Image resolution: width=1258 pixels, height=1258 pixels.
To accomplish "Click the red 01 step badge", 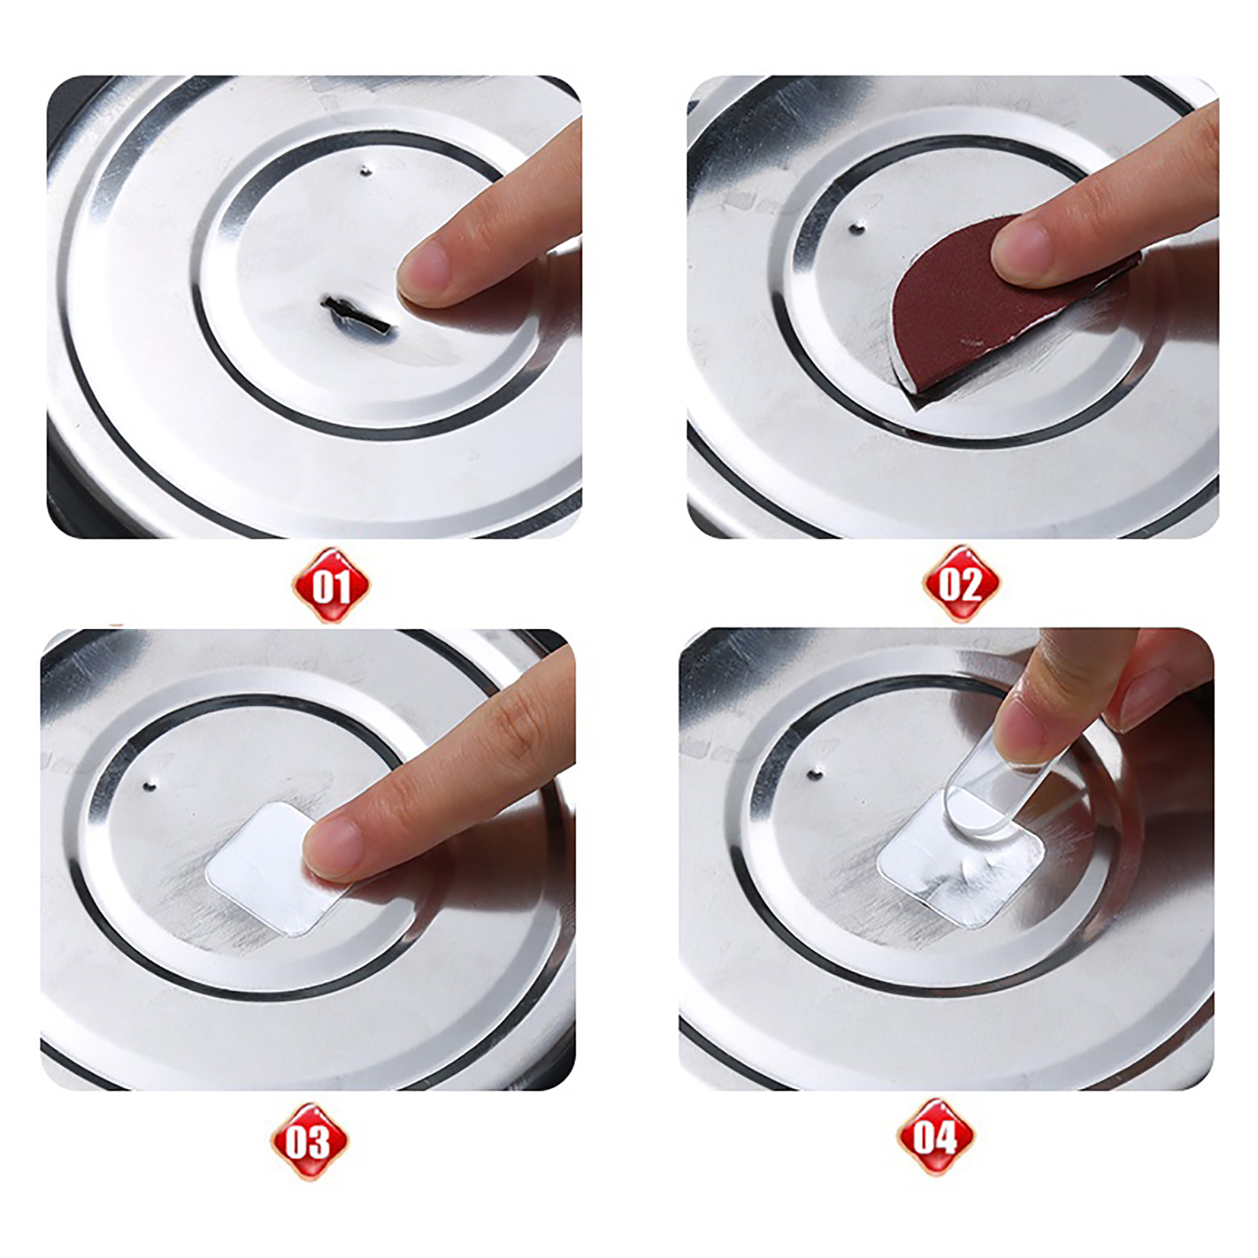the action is point(330,586).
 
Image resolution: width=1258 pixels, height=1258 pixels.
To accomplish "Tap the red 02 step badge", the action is point(961,584).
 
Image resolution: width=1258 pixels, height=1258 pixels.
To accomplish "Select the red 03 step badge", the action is point(309,1141).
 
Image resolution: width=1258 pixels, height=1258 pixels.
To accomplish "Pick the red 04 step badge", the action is point(936,1137).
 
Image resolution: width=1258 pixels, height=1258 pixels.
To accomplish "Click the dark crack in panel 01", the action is point(353,314).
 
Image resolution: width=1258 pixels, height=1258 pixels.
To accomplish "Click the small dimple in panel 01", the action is point(366,170).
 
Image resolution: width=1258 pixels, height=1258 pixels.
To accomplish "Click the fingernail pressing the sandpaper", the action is point(1021,245).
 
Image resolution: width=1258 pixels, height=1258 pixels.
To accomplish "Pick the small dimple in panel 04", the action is point(815,774).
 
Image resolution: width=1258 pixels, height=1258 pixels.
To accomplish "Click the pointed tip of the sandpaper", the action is point(912,404).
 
